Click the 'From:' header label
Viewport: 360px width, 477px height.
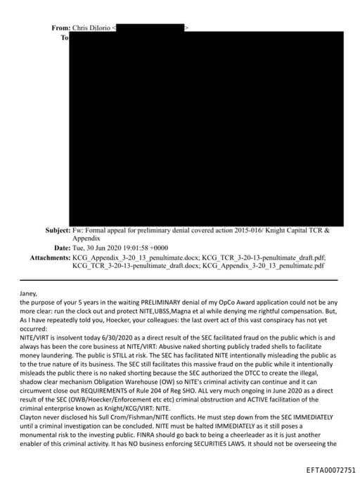(60, 27)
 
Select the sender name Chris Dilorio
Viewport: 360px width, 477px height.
(91, 27)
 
